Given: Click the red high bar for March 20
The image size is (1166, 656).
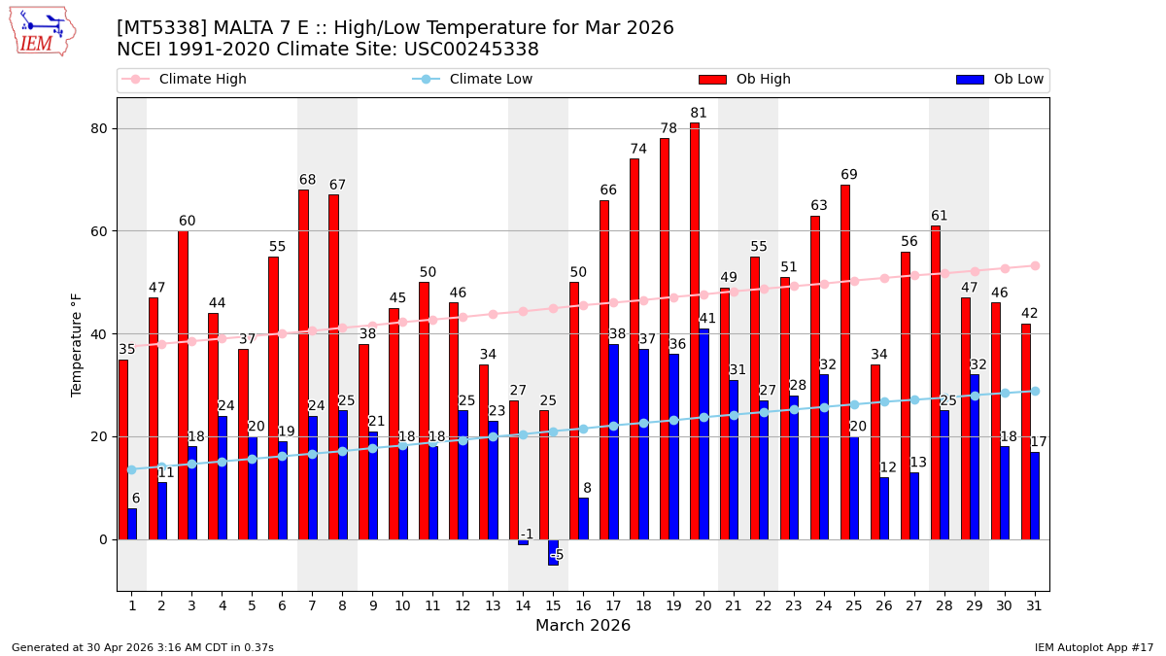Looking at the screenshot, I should (695, 330).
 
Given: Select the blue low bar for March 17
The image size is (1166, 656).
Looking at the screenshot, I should (613, 442).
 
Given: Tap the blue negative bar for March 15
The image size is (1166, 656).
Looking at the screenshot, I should (553, 552).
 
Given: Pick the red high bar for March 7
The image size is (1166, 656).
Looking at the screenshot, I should (303, 364).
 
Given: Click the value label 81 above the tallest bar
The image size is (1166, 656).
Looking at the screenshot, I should (699, 114).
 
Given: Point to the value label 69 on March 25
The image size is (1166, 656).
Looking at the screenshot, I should (849, 175).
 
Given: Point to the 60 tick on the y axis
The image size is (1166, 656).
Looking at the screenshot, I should (99, 231).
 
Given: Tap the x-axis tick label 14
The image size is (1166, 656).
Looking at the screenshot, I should (523, 605).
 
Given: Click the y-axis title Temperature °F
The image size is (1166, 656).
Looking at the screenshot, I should (77, 344).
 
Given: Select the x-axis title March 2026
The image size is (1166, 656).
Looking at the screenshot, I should (583, 626).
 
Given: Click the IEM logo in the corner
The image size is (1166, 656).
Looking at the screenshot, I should (42, 31).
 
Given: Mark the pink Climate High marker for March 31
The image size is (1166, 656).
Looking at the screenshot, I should (1035, 265).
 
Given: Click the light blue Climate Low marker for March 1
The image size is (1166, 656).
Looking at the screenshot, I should (131, 469).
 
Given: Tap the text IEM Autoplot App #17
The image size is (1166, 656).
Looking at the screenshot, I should (1094, 647).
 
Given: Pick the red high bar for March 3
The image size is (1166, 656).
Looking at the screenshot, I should (183, 385).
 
